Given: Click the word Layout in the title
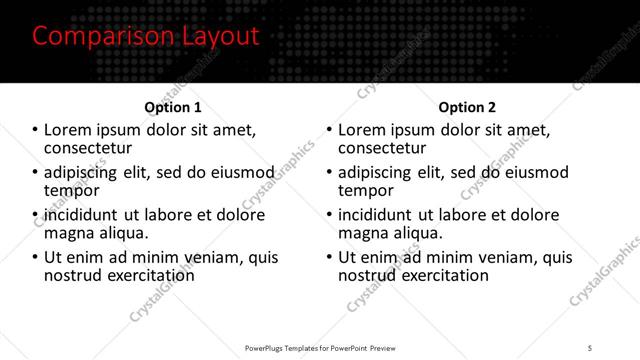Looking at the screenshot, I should pos(222,37).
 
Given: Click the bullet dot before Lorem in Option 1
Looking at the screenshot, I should pos(36,130).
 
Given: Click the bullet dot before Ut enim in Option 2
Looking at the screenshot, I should pos(330,257).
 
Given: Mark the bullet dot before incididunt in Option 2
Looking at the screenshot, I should pos(330,215).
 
